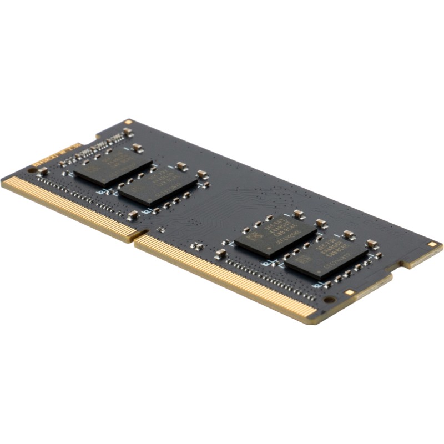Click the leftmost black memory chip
click(113, 165)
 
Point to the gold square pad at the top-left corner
click(128, 122)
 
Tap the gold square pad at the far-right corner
click(432, 244)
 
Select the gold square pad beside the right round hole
click(349, 292)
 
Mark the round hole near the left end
click(32, 169)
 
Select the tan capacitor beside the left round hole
click(42, 171)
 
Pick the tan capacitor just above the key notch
click(133, 215)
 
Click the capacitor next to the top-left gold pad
click(128, 132)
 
